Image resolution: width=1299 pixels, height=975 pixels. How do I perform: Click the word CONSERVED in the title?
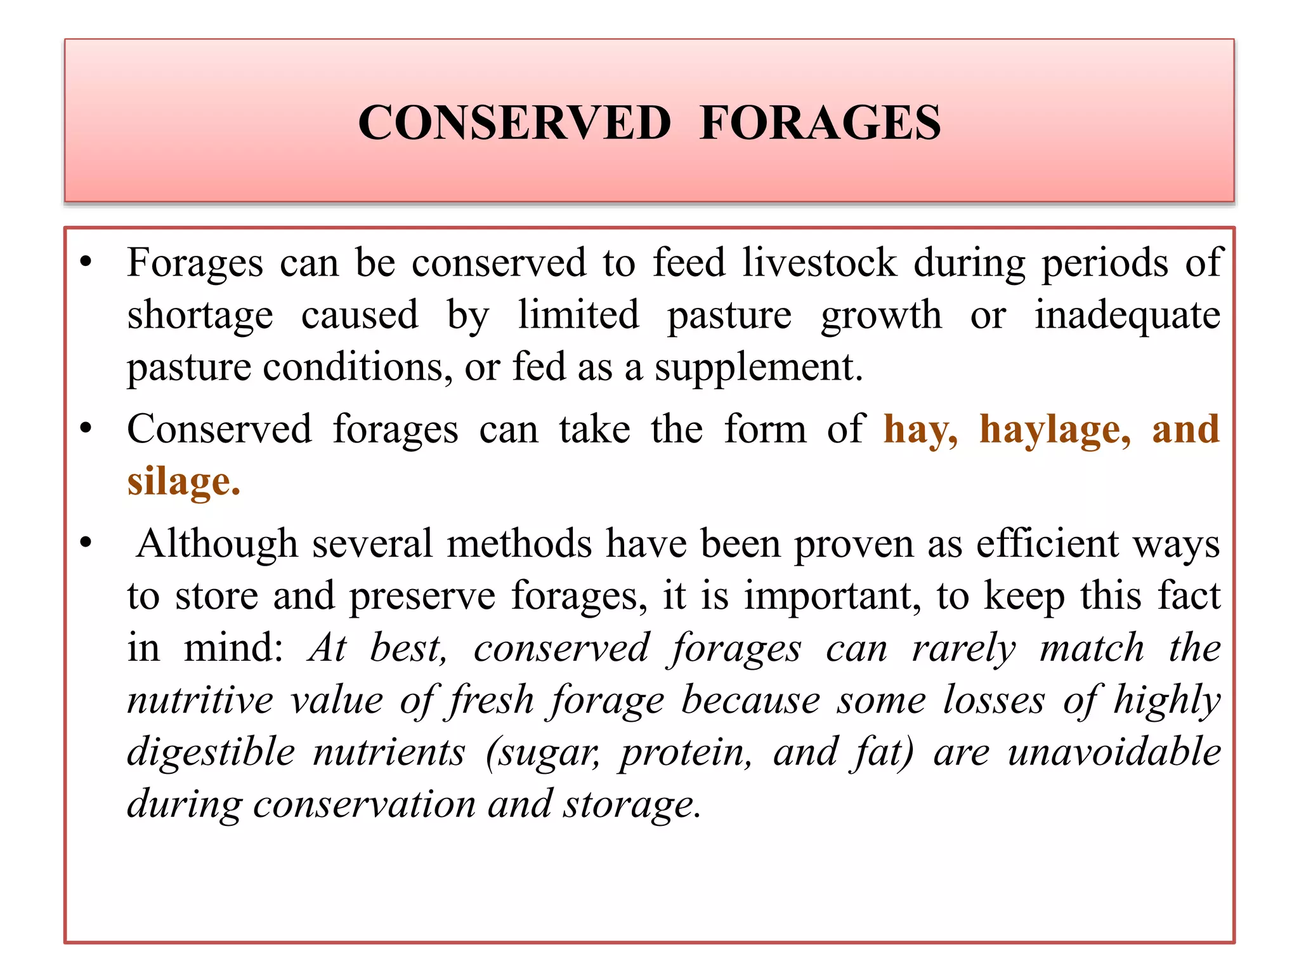pyautogui.click(x=514, y=123)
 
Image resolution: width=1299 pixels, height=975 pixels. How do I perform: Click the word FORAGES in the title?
pyautogui.click(x=820, y=123)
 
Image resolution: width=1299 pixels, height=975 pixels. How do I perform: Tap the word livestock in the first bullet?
pyautogui.click(x=819, y=262)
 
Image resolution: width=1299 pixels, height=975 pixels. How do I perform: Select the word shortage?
pyautogui.click(x=200, y=315)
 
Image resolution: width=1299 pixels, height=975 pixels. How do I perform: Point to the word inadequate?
pyautogui.click(x=1127, y=315)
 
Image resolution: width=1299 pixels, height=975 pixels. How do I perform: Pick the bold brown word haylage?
pyautogui.click(x=1055, y=430)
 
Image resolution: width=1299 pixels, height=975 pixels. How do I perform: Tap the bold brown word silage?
pyautogui.click(x=183, y=482)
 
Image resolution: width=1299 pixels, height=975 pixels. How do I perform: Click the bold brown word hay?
pyautogui.click(x=920, y=430)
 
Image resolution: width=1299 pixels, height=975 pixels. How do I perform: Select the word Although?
pyautogui.click(x=217, y=544)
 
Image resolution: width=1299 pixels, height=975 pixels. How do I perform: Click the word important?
pyautogui.click(x=832, y=596)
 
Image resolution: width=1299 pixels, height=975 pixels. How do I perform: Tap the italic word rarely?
pyautogui.click(x=963, y=648)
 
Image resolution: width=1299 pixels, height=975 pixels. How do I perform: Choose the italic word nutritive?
pyautogui.click(x=200, y=700)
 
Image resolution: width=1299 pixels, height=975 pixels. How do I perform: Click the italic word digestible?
pyautogui.click(x=211, y=752)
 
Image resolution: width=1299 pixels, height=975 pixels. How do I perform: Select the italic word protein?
pyautogui.click(x=686, y=752)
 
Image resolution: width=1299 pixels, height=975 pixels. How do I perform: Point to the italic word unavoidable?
pyautogui.click(x=1114, y=752)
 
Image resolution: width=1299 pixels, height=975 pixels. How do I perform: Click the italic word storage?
pyautogui.click(x=632, y=804)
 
